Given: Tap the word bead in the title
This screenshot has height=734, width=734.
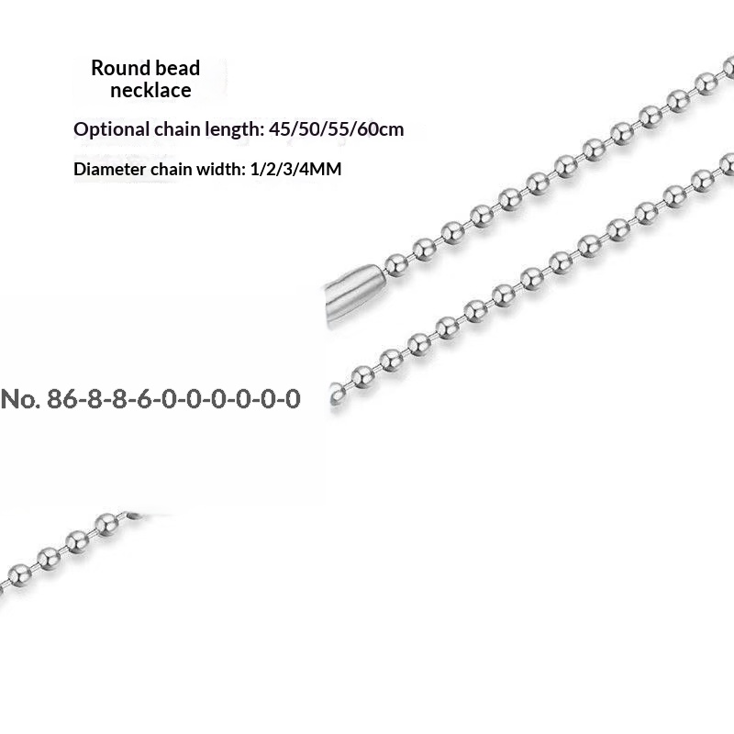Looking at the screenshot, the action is coord(177,68).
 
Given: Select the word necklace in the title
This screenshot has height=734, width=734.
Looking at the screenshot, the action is coord(150,90).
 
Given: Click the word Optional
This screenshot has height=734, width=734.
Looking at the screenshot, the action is coord(111,129).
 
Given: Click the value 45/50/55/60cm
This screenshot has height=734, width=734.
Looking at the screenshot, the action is coord(336,129).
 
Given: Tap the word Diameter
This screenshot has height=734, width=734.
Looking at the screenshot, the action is coord(109,169).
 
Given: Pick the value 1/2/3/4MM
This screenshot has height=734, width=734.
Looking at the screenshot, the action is coord(295,169).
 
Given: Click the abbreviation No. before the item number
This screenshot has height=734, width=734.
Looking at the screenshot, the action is coord(20,399).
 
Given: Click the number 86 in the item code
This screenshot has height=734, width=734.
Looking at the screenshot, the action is coord(61,399).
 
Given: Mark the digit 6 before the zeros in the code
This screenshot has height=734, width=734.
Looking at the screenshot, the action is coord(145,399).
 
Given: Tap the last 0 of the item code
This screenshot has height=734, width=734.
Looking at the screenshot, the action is coord(293,399).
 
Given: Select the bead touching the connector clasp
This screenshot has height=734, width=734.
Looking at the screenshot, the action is coord(396,265).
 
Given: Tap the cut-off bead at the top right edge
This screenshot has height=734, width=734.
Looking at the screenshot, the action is coord(728,67).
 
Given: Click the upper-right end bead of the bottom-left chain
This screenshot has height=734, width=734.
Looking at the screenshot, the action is coord(106,524).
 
